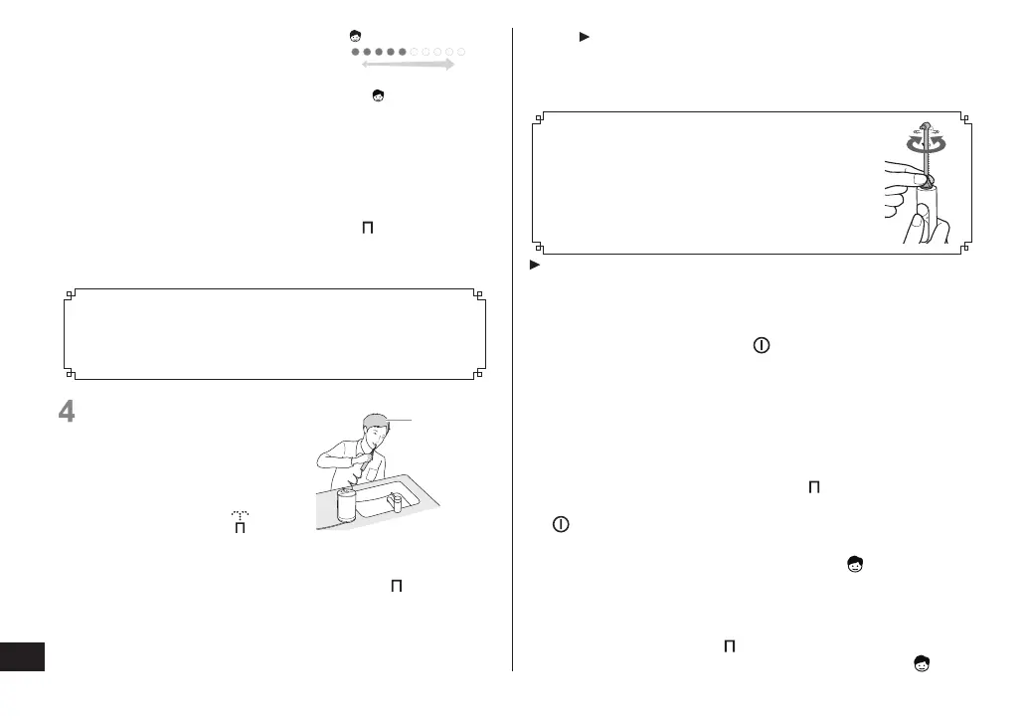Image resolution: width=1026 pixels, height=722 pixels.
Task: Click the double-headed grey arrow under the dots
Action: coord(408,65)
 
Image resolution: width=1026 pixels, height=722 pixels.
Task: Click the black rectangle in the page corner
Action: coord(23,656)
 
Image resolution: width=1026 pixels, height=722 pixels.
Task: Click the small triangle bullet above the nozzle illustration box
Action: coord(585,37)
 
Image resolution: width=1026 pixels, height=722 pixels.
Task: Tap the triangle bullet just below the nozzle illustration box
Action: coord(534,266)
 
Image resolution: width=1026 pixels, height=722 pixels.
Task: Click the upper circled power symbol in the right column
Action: coord(761,346)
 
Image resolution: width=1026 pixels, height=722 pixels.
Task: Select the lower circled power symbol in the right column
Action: coord(561,525)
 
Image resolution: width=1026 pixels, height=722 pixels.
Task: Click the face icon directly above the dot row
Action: coord(354,35)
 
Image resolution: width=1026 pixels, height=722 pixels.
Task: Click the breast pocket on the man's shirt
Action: coord(355,467)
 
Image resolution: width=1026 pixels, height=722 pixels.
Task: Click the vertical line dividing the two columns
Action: coord(512,348)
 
